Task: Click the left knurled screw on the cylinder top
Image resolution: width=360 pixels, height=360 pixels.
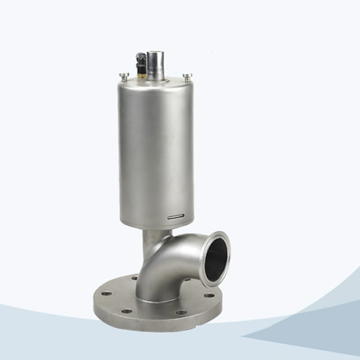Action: pos(124,76)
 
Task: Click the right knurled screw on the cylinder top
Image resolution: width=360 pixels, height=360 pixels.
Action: pos(187,76)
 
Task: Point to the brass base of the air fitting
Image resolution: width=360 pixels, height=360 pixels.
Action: pos(142,74)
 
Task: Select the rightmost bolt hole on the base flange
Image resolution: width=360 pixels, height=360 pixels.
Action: pos(209,295)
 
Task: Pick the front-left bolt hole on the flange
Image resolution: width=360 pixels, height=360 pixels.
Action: pos(127,311)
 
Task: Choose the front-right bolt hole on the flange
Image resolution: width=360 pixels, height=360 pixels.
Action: pos(181,313)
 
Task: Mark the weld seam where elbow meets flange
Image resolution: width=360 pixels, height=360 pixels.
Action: pos(159,299)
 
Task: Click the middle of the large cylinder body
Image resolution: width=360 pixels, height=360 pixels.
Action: pos(156,150)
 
